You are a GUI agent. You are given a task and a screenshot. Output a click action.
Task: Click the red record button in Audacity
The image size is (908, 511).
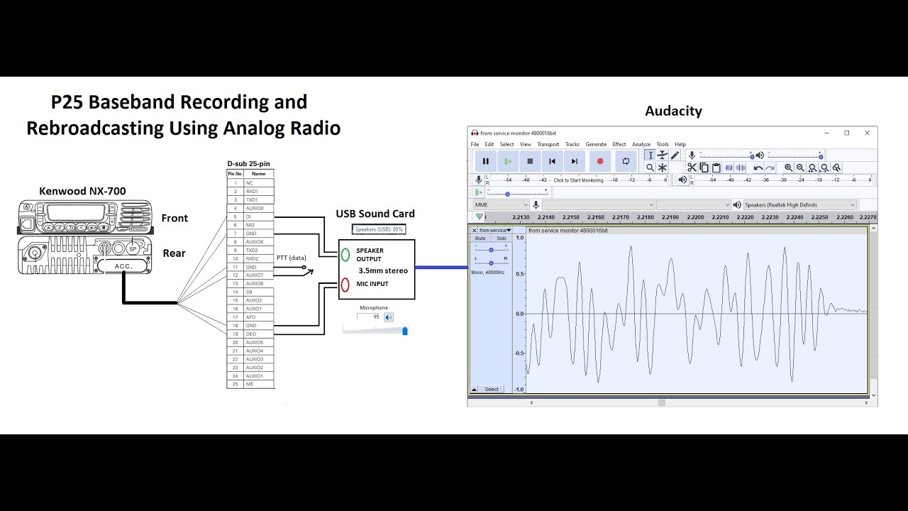click(x=600, y=161)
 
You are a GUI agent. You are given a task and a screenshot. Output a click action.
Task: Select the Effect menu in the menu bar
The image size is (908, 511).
click(x=619, y=144)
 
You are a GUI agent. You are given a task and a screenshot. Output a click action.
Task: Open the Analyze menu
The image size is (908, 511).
click(x=641, y=144)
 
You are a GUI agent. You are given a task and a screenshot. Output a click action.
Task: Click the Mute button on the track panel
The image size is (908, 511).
click(x=480, y=238)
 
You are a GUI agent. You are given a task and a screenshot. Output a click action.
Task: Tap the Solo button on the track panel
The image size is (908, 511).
click(x=502, y=238)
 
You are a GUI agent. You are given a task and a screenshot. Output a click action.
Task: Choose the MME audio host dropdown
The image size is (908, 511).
click(x=500, y=205)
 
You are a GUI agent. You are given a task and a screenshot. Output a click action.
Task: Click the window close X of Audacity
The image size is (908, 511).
click(x=867, y=133)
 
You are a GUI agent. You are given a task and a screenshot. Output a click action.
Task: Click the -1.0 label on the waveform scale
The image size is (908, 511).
click(x=519, y=389)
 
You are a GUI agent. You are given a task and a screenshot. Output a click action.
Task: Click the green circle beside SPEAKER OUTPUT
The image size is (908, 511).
click(x=345, y=255)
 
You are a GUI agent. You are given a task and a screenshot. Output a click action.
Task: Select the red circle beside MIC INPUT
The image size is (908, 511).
click(x=345, y=285)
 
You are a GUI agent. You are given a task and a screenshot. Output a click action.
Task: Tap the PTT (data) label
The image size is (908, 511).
click(x=292, y=258)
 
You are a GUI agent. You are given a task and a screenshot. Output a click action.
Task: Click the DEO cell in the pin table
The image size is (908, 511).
click(x=258, y=334)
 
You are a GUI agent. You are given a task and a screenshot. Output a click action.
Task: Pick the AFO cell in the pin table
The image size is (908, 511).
click(x=258, y=317)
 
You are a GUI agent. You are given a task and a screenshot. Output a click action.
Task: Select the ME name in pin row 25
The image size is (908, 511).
click(x=258, y=384)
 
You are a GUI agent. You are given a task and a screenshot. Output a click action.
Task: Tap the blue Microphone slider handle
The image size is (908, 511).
click(x=405, y=331)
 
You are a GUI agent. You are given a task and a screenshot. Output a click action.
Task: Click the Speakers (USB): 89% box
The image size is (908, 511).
click(x=379, y=229)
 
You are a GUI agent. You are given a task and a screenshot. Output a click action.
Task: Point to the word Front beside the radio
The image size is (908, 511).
click(x=175, y=218)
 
